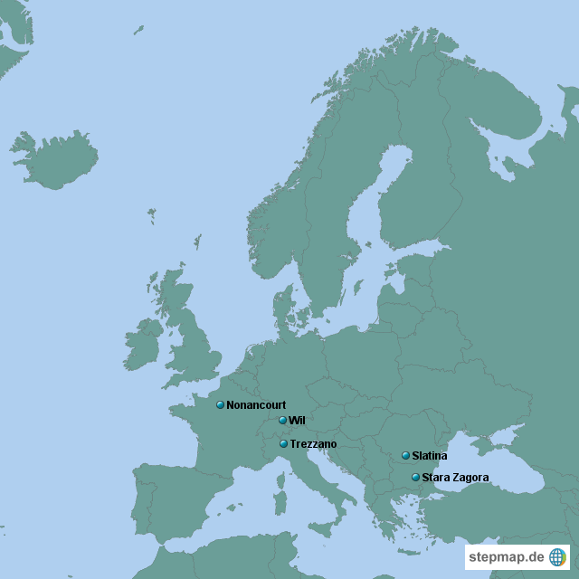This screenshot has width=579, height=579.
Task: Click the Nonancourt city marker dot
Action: [220, 404]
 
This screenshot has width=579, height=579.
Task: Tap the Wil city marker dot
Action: [282, 421]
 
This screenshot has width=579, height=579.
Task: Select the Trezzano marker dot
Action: [283, 443]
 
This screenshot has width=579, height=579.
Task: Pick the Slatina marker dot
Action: [405, 455]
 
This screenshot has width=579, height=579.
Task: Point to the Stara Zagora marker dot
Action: [415, 477]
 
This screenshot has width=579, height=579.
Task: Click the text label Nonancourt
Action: [256, 404]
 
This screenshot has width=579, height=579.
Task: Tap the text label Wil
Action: [297, 421]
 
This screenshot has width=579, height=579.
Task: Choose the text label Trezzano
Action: [313, 444]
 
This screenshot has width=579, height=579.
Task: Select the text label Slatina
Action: [429, 456]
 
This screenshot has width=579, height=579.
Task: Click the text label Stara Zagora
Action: [455, 477]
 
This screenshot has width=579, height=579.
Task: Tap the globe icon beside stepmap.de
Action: [557, 556]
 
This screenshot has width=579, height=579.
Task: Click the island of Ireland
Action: [142, 345]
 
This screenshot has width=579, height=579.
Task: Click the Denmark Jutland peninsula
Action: [283, 308]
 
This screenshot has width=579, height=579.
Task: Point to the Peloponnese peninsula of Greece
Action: [390, 533]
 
